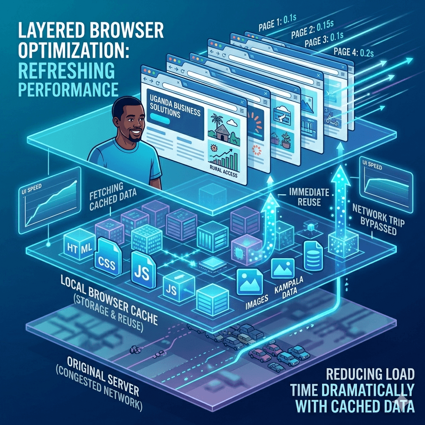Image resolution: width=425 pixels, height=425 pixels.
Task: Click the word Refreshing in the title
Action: [x=61, y=71]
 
